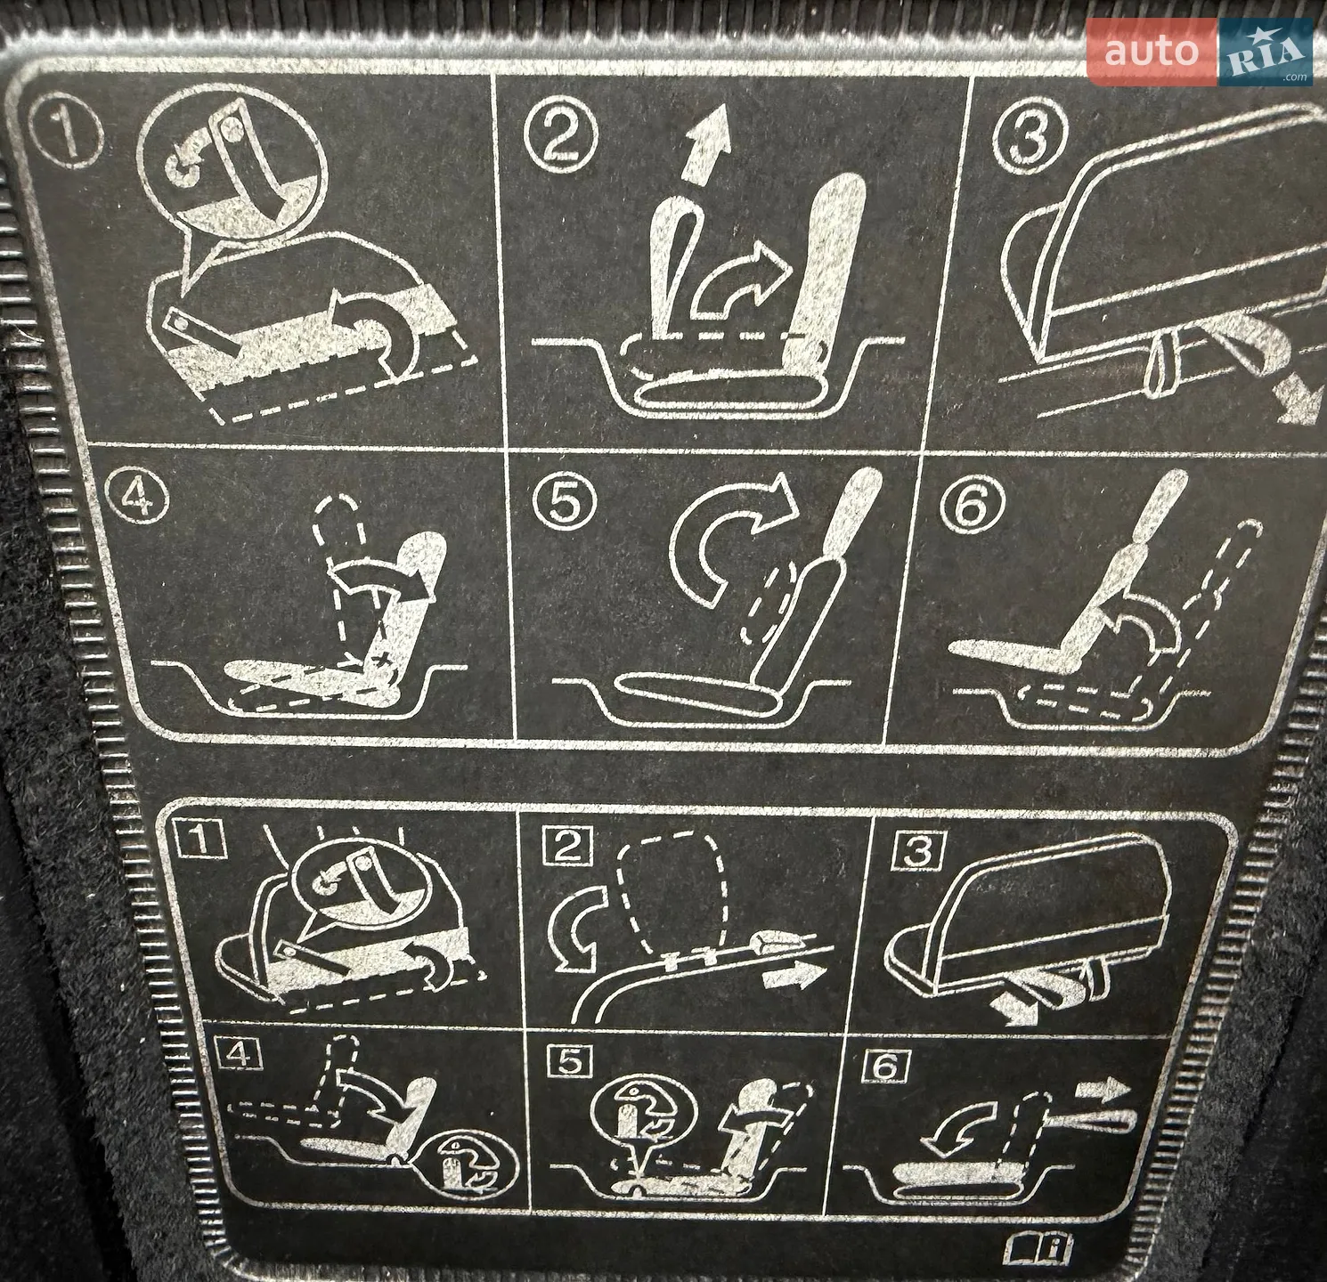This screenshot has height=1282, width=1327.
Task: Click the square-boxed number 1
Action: pyautogui.click(x=200, y=839)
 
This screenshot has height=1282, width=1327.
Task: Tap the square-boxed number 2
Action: pyautogui.click(x=568, y=845)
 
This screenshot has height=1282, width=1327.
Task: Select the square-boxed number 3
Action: pyautogui.click(x=918, y=850)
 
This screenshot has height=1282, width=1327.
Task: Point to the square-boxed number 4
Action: pyautogui.click(x=239, y=1054)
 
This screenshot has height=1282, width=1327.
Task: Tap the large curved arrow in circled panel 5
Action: pyautogui.click(x=712, y=534)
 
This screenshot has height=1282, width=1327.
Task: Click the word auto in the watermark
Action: pyautogui.click(x=1152, y=51)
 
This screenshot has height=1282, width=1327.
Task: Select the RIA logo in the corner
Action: pyautogui.click(x=1266, y=53)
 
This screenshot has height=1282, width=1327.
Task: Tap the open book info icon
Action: pyautogui.click(x=1039, y=1247)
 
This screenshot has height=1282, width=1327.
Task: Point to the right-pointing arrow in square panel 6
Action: pyautogui.click(x=1103, y=1089)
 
